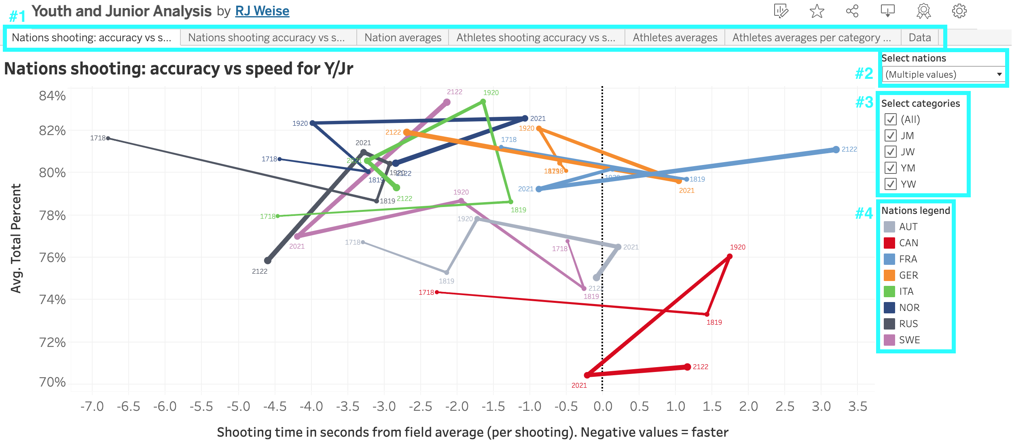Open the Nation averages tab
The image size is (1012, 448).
coord(402,38)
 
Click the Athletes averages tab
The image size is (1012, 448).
coord(675,38)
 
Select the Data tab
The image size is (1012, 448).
coord(919,38)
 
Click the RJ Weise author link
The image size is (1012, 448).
coord(262,11)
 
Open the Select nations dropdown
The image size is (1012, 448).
coord(943,74)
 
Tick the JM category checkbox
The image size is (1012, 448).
coord(890,135)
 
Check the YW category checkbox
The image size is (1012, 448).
coord(890,184)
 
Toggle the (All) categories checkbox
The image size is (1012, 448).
coord(890,119)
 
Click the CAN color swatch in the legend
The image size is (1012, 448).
coord(889,243)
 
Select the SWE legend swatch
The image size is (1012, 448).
coord(889,340)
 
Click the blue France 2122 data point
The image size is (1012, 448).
coord(836,150)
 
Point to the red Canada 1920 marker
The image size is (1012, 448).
coord(730,256)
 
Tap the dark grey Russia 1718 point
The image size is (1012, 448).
coord(108,138)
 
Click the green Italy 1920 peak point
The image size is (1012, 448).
coord(483,101)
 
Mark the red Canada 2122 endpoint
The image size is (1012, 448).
coord(687,367)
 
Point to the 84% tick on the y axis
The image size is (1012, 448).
coord(52,96)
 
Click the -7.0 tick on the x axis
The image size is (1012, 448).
coord(92,406)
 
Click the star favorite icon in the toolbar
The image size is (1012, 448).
coord(817,11)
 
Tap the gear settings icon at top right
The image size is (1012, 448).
coord(959,11)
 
